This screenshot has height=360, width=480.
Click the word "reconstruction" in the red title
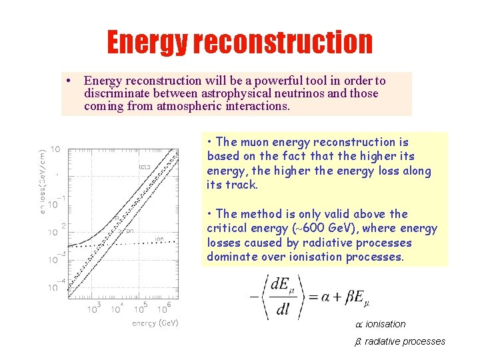pyautogui.click(x=283, y=43)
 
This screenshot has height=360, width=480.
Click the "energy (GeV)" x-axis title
pyautogui.click(x=155, y=323)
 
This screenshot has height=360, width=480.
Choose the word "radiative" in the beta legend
pyautogui.click(x=382, y=341)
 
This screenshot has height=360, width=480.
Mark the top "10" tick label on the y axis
pyautogui.click(x=56, y=149)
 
